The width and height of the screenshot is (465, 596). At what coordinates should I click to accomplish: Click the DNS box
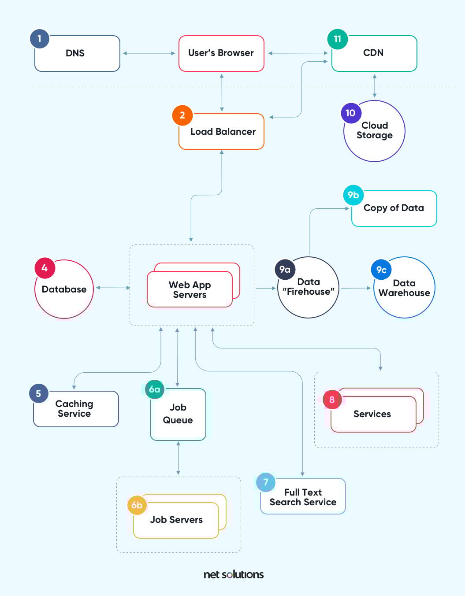(77, 53)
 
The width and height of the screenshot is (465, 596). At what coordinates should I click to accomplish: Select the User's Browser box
(221, 53)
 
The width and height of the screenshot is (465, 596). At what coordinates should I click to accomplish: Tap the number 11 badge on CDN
(337, 39)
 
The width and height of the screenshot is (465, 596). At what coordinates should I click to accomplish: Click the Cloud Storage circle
(374, 131)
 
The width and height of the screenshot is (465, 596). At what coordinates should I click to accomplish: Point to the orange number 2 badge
(182, 115)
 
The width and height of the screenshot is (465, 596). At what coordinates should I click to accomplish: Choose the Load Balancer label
(223, 132)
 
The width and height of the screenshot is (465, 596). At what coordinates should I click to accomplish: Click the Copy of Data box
(394, 208)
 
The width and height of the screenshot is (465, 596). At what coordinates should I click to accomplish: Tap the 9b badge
(353, 195)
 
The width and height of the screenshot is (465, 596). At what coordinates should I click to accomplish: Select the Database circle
(64, 289)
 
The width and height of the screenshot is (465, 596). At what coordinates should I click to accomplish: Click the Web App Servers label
(190, 290)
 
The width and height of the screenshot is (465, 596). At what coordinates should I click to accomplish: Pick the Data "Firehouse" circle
(309, 287)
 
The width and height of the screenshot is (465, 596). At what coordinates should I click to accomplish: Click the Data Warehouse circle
(404, 288)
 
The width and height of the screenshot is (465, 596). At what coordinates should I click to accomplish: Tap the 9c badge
(381, 270)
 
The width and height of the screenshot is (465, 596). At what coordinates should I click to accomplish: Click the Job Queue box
(178, 414)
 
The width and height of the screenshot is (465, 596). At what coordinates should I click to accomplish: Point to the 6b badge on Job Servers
(137, 505)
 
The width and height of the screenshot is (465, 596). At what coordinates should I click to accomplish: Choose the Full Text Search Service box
(303, 497)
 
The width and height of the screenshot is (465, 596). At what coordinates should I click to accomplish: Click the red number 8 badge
(332, 400)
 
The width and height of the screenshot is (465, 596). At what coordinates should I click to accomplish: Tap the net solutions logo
(234, 574)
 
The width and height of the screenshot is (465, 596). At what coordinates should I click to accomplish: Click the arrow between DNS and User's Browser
(149, 53)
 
